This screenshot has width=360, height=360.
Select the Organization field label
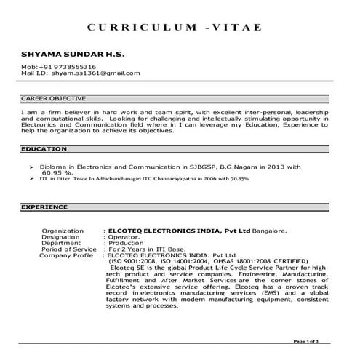(63, 231)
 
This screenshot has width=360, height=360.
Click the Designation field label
(60, 237)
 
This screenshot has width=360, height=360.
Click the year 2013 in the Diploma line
(276, 167)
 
